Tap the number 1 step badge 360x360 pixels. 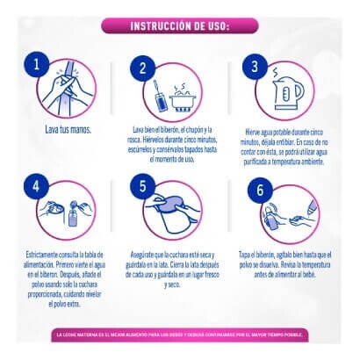[x=34, y=63]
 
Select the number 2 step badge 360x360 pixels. [x=142, y=68]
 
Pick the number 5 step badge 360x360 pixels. [x=142, y=186]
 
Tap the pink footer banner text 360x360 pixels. [x=179, y=335]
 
